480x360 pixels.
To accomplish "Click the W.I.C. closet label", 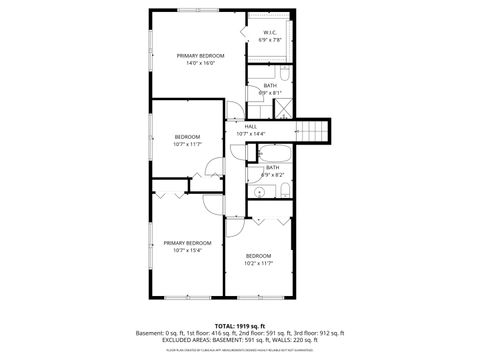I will click(270, 32).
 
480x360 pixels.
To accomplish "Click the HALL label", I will click(250, 126).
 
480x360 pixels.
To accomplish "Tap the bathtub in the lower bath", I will click(273, 153).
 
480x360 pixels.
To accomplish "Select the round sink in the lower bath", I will click(257, 190).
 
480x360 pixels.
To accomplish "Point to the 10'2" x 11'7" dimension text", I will click(259, 263).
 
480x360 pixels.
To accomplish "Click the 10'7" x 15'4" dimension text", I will click(187, 250).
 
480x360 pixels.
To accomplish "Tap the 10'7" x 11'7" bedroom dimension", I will click(187, 144).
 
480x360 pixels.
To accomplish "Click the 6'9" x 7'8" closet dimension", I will click(270, 40).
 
